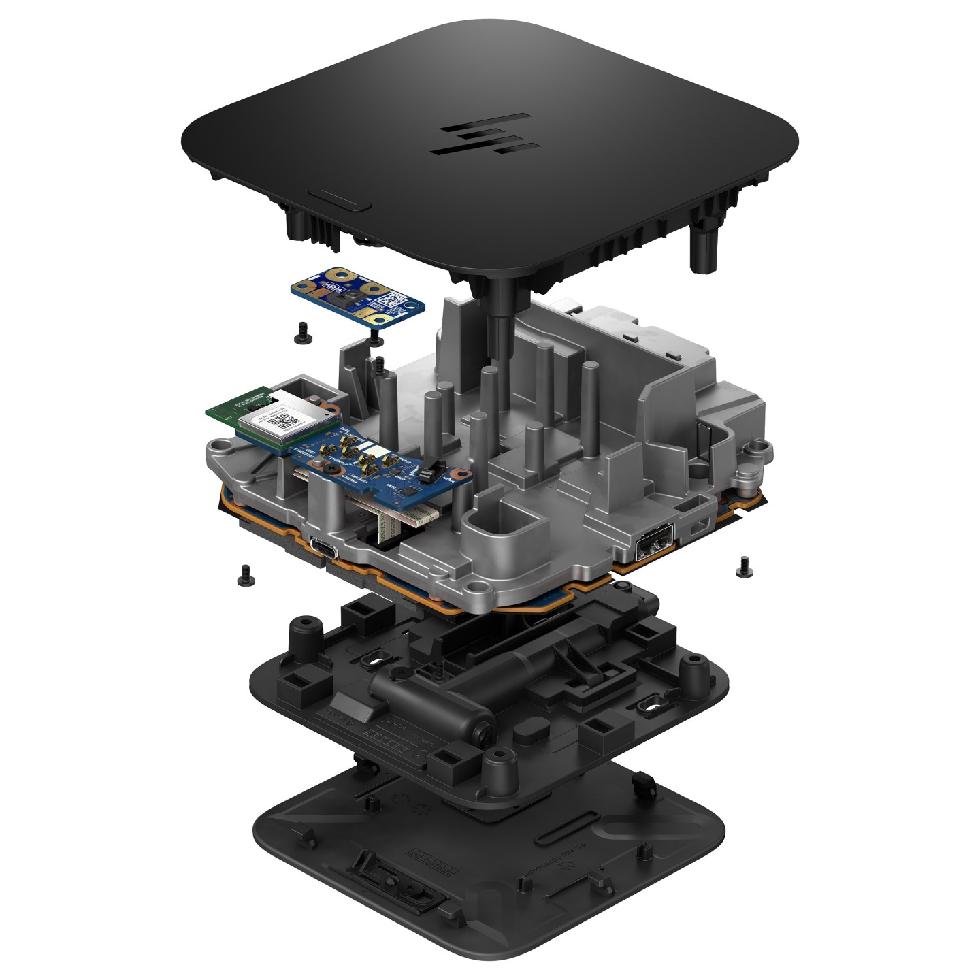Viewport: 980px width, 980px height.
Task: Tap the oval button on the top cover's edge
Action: tap(338, 201)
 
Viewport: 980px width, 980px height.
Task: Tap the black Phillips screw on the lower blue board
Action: tap(328, 470)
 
